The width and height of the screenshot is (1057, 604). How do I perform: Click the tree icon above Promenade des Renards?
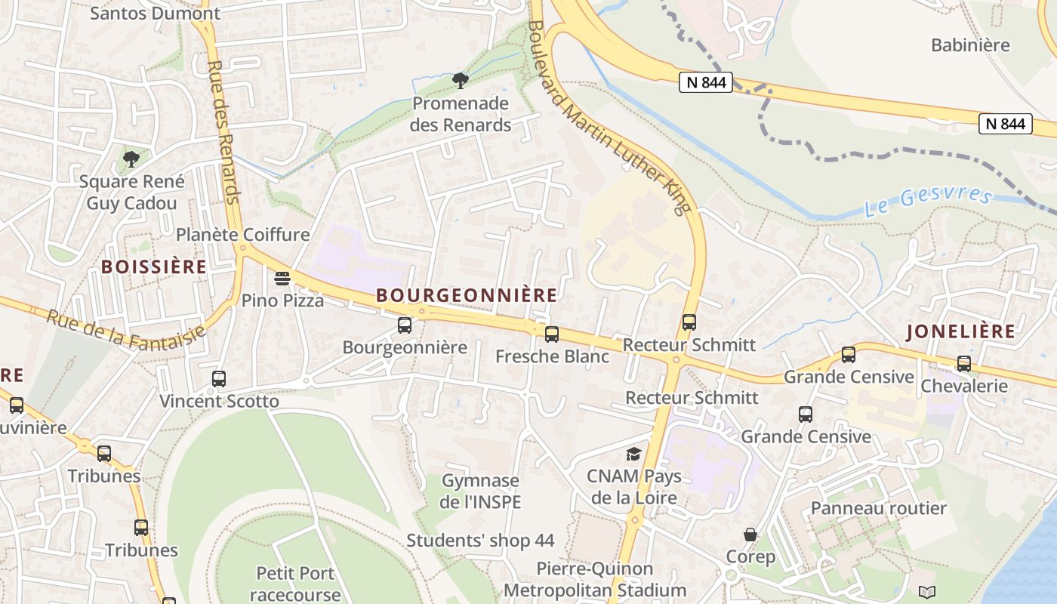coord(460,81)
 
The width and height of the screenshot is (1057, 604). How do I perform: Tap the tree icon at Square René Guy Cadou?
coord(131,159)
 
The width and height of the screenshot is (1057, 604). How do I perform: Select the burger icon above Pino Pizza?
coord(282,279)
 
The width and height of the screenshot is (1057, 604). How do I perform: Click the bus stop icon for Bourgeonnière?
coord(405,325)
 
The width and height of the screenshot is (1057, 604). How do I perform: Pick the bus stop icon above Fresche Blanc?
coord(552,334)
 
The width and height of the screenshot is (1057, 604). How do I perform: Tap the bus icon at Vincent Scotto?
coord(219,379)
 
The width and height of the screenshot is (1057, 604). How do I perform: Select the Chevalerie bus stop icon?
coord(964,364)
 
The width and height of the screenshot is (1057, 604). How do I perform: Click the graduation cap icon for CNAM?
coord(633,454)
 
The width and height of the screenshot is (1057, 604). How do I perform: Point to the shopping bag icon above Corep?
coord(750,535)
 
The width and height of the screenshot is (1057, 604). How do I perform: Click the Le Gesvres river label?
coord(928,199)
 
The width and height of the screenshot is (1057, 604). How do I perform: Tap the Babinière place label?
coord(970,45)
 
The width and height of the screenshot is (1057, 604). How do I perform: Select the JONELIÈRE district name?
coord(960,331)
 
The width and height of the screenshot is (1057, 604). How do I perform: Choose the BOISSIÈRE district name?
coord(154,267)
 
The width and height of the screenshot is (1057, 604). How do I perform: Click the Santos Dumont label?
coord(155,13)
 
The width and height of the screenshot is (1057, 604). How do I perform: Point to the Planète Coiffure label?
coord(242,234)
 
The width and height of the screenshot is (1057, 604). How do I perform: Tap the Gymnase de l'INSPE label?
coord(480,491)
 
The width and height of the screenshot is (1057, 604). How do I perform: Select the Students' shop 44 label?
coord(480,541)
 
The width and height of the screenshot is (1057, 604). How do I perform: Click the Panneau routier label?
coord(878,508)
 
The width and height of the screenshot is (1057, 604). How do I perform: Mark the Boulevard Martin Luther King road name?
coord(609,117)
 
